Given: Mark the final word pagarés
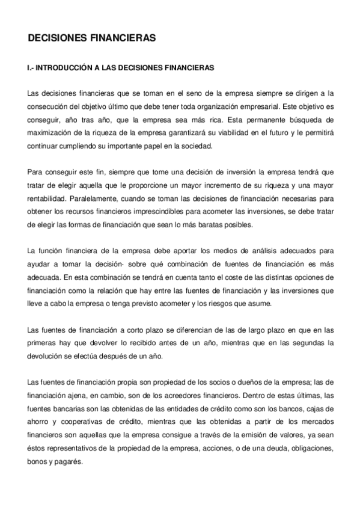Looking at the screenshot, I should coord(71,462).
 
